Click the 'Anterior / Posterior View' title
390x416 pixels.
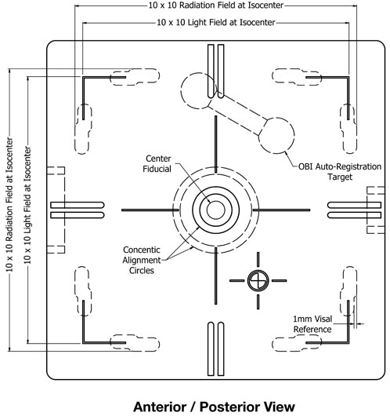coord(214,407)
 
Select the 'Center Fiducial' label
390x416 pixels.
coord(157,164)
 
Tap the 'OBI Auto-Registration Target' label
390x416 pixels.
coord(340,172)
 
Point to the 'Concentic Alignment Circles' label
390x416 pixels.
coord(142,260)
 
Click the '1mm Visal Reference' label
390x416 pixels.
coord(312,324)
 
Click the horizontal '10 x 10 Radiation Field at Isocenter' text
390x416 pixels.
coord(216,5)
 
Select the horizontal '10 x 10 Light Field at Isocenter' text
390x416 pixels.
coord(216,22)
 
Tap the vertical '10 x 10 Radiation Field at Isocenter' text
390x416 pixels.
coord(9,204)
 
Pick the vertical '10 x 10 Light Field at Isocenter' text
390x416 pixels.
coord(27,205)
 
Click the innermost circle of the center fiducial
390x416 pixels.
coord(216,201)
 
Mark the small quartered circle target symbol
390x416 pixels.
coord(258,280)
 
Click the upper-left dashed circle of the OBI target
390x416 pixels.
coord(182,90)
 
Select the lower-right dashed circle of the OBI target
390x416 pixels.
coord(294,136)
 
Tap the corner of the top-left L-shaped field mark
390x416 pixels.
coord(83,78)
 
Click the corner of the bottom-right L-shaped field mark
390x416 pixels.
coord(348,343)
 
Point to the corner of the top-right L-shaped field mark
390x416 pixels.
coord(348,78)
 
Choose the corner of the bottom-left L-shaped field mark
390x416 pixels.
coord(83,343)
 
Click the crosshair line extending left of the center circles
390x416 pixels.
coord(150,210)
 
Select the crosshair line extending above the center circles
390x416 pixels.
coord(216,144)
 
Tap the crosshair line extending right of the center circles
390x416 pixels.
coord(281,210)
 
